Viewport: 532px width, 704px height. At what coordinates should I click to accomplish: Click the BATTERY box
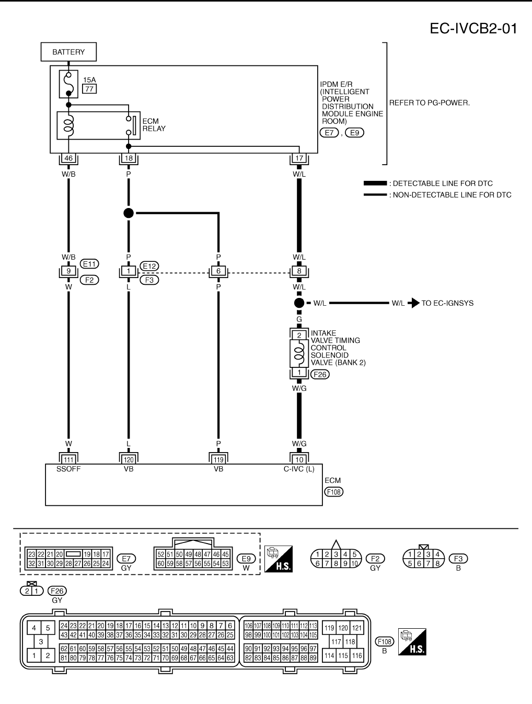[68, 52]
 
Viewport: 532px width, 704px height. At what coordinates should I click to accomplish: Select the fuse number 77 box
[89, 89]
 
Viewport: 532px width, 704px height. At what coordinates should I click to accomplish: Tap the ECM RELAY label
[154, 125]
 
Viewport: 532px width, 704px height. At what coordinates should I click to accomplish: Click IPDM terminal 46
[68, 158]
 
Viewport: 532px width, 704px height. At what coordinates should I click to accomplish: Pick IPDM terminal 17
[299, 158]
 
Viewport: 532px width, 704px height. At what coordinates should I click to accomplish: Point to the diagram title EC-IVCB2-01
[473, 29]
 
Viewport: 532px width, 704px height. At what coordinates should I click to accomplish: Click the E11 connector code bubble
[89, 264]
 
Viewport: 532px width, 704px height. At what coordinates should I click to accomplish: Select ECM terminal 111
[68, 459]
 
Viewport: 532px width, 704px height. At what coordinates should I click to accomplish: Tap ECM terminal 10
[299, 459]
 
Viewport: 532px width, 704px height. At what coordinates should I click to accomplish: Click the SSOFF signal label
[68, 469]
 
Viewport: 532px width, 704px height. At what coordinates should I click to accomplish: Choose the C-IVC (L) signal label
[299, 469]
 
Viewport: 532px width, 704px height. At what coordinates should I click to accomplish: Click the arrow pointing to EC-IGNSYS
[415, 303]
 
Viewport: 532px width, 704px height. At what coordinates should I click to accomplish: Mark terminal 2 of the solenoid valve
[299, 336]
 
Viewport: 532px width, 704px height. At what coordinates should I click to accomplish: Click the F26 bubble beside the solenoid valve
[320, 374]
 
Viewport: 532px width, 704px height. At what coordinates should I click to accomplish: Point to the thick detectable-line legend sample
[375, 183]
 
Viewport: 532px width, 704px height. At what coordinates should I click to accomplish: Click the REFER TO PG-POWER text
[430, 103]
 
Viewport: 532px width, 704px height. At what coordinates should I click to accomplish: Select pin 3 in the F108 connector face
[41, 642]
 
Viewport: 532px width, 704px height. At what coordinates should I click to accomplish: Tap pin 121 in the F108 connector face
[357, 628]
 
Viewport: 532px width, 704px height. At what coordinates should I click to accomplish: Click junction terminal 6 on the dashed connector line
[218, 271]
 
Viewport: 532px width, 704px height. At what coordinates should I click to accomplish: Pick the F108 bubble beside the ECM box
[334, 492]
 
